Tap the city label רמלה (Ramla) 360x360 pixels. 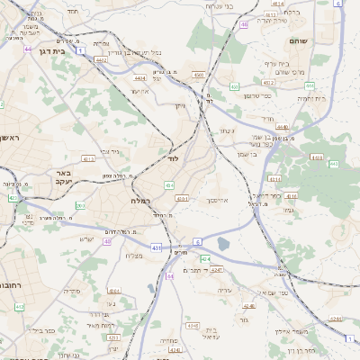point(140,200)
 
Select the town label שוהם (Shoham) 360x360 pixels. point(299,40)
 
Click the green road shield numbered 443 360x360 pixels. point(334,164)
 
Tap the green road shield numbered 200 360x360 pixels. point(79,206)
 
